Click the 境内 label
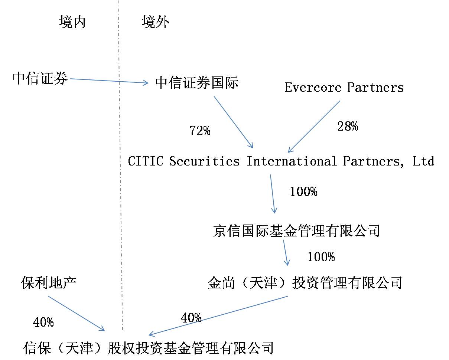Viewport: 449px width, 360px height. pos(72,22)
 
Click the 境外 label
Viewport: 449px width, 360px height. pos(156,22)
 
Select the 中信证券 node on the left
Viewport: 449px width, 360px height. pos(40,78)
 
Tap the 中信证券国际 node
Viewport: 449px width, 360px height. pos(196,83)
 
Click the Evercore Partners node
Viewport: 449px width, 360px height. pos(344,88)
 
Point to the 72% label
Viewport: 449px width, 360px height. pos(200,131)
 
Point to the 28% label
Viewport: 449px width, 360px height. pos(348,127)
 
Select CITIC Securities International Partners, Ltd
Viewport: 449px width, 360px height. pos(281,161)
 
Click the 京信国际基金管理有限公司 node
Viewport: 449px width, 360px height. pos(296,230)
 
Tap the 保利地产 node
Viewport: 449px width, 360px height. pos(49,283)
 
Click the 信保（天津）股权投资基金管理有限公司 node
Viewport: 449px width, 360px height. pos(148,348)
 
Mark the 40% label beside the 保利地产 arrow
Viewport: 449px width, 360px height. pos(43,323)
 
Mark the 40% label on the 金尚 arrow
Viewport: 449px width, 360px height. pos(191,318)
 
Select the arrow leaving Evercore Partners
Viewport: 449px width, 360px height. pos(314,127)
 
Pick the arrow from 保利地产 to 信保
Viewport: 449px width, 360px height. pos(76,313)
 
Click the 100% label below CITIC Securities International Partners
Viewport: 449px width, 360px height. pos(303,192)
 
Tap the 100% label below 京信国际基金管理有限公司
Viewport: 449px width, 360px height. pos(321,257)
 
